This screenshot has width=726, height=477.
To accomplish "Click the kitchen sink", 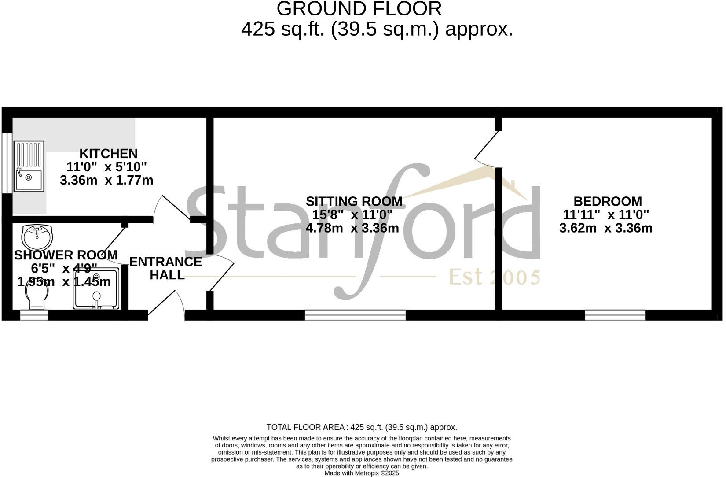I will point(29,166).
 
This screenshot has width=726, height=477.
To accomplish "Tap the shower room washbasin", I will point(37,237).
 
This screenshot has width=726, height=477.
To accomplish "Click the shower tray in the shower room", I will point(96,288).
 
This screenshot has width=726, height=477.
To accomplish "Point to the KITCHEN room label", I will point(108,154).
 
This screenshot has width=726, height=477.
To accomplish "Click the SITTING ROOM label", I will point(354,201).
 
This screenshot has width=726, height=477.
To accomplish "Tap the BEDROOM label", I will point(607,201).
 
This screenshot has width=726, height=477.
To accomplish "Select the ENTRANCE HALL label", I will point(165,268).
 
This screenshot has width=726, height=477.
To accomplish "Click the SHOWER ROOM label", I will point(66,255).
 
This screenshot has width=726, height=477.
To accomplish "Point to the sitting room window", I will point(355,315).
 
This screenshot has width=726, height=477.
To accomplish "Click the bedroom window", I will point(615,315).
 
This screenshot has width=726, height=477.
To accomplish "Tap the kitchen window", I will point(7,163).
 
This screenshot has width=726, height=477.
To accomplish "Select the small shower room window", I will point(34,315).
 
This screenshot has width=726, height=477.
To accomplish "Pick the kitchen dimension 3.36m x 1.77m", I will point(106,180).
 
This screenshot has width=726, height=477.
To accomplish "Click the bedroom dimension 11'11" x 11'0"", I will point(606,215).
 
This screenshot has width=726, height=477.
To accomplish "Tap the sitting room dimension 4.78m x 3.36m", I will point(352,228).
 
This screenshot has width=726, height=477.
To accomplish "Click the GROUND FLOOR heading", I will point(359,9).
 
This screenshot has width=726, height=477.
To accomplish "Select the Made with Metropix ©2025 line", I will point(362,473).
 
